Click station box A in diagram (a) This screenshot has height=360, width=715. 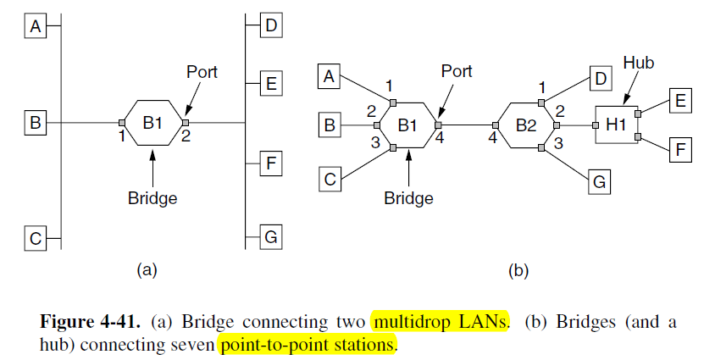tap(36, 28)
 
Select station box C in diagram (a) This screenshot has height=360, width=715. tap(36, 239)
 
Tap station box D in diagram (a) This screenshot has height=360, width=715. tap(270, 25)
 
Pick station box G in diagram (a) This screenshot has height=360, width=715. tap(270, 237)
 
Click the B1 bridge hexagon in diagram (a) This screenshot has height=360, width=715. tap(152, 124)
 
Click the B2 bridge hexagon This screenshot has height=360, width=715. tap(526, 125)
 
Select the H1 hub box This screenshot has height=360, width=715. tap(616, 125)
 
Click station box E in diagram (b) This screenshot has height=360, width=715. tap(680, 102)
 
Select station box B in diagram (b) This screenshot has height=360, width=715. tap(330, 127)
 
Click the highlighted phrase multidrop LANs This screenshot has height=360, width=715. tap(440, 323)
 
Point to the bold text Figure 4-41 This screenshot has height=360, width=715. tap(91, 323)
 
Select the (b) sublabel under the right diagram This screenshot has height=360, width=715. tap(518, 271)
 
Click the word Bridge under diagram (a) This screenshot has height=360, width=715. tap(152, 198)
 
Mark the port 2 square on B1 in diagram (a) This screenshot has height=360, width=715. tap(185, 124)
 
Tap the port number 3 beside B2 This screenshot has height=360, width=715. tap(558, 144)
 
